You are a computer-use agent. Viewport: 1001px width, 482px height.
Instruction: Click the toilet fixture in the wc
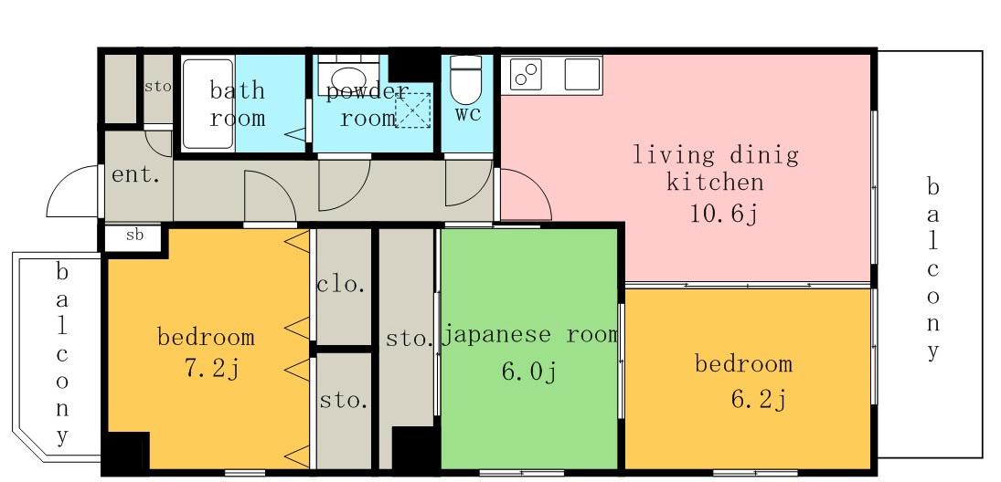[x=465, y=79]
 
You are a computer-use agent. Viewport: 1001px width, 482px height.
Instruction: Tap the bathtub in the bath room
[x=208, y=104]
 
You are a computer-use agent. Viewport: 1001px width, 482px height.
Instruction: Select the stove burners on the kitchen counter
[x=526, y=74]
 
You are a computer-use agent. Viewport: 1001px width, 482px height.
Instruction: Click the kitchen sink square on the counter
[x=582, y=74]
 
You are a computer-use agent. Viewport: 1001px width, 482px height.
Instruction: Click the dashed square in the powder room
[x=412, y=110]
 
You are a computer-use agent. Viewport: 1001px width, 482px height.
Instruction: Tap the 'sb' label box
[x=133, y=236]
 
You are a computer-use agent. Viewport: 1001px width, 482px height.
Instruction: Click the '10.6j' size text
[x=723, y=215]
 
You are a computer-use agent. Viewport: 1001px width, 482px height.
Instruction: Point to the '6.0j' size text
[x=529, y=371]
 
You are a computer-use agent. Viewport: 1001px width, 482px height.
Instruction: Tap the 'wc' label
[x=468, y=115]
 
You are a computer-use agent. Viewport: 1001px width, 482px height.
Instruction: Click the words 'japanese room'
[x=530, y=335]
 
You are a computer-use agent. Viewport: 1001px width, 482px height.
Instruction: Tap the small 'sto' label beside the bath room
[x=157, y=87]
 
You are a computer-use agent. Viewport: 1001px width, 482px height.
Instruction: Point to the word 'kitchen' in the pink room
[x=715, y=182]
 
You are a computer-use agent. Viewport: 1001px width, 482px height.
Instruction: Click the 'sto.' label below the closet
[x=344, y=401]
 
